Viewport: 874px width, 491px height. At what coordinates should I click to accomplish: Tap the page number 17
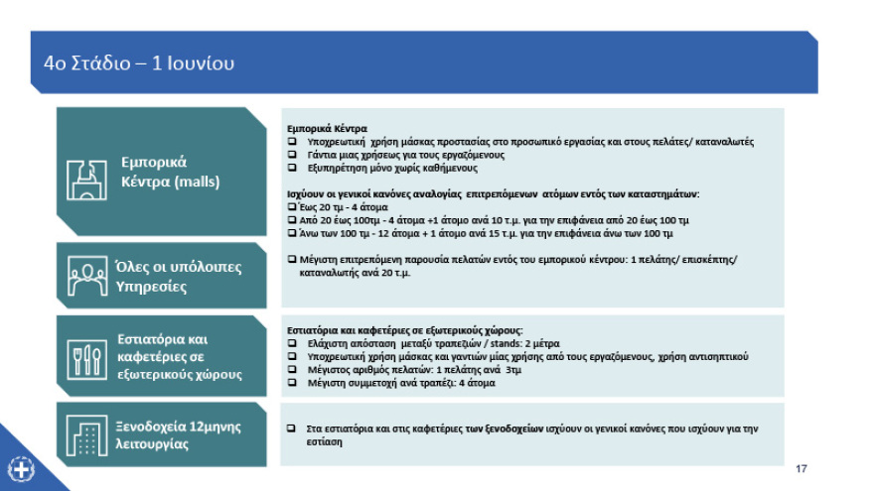point(801,467)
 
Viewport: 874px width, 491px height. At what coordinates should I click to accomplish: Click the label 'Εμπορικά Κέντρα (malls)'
point(169,172)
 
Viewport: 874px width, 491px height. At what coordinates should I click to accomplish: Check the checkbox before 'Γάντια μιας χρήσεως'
point(292,155)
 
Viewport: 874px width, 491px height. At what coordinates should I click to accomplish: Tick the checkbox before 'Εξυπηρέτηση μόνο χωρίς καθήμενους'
point(292,168)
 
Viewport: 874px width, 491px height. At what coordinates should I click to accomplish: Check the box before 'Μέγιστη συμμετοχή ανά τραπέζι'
point(292,383)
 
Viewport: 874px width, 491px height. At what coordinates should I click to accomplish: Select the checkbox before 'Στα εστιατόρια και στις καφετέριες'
point(292,429)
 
